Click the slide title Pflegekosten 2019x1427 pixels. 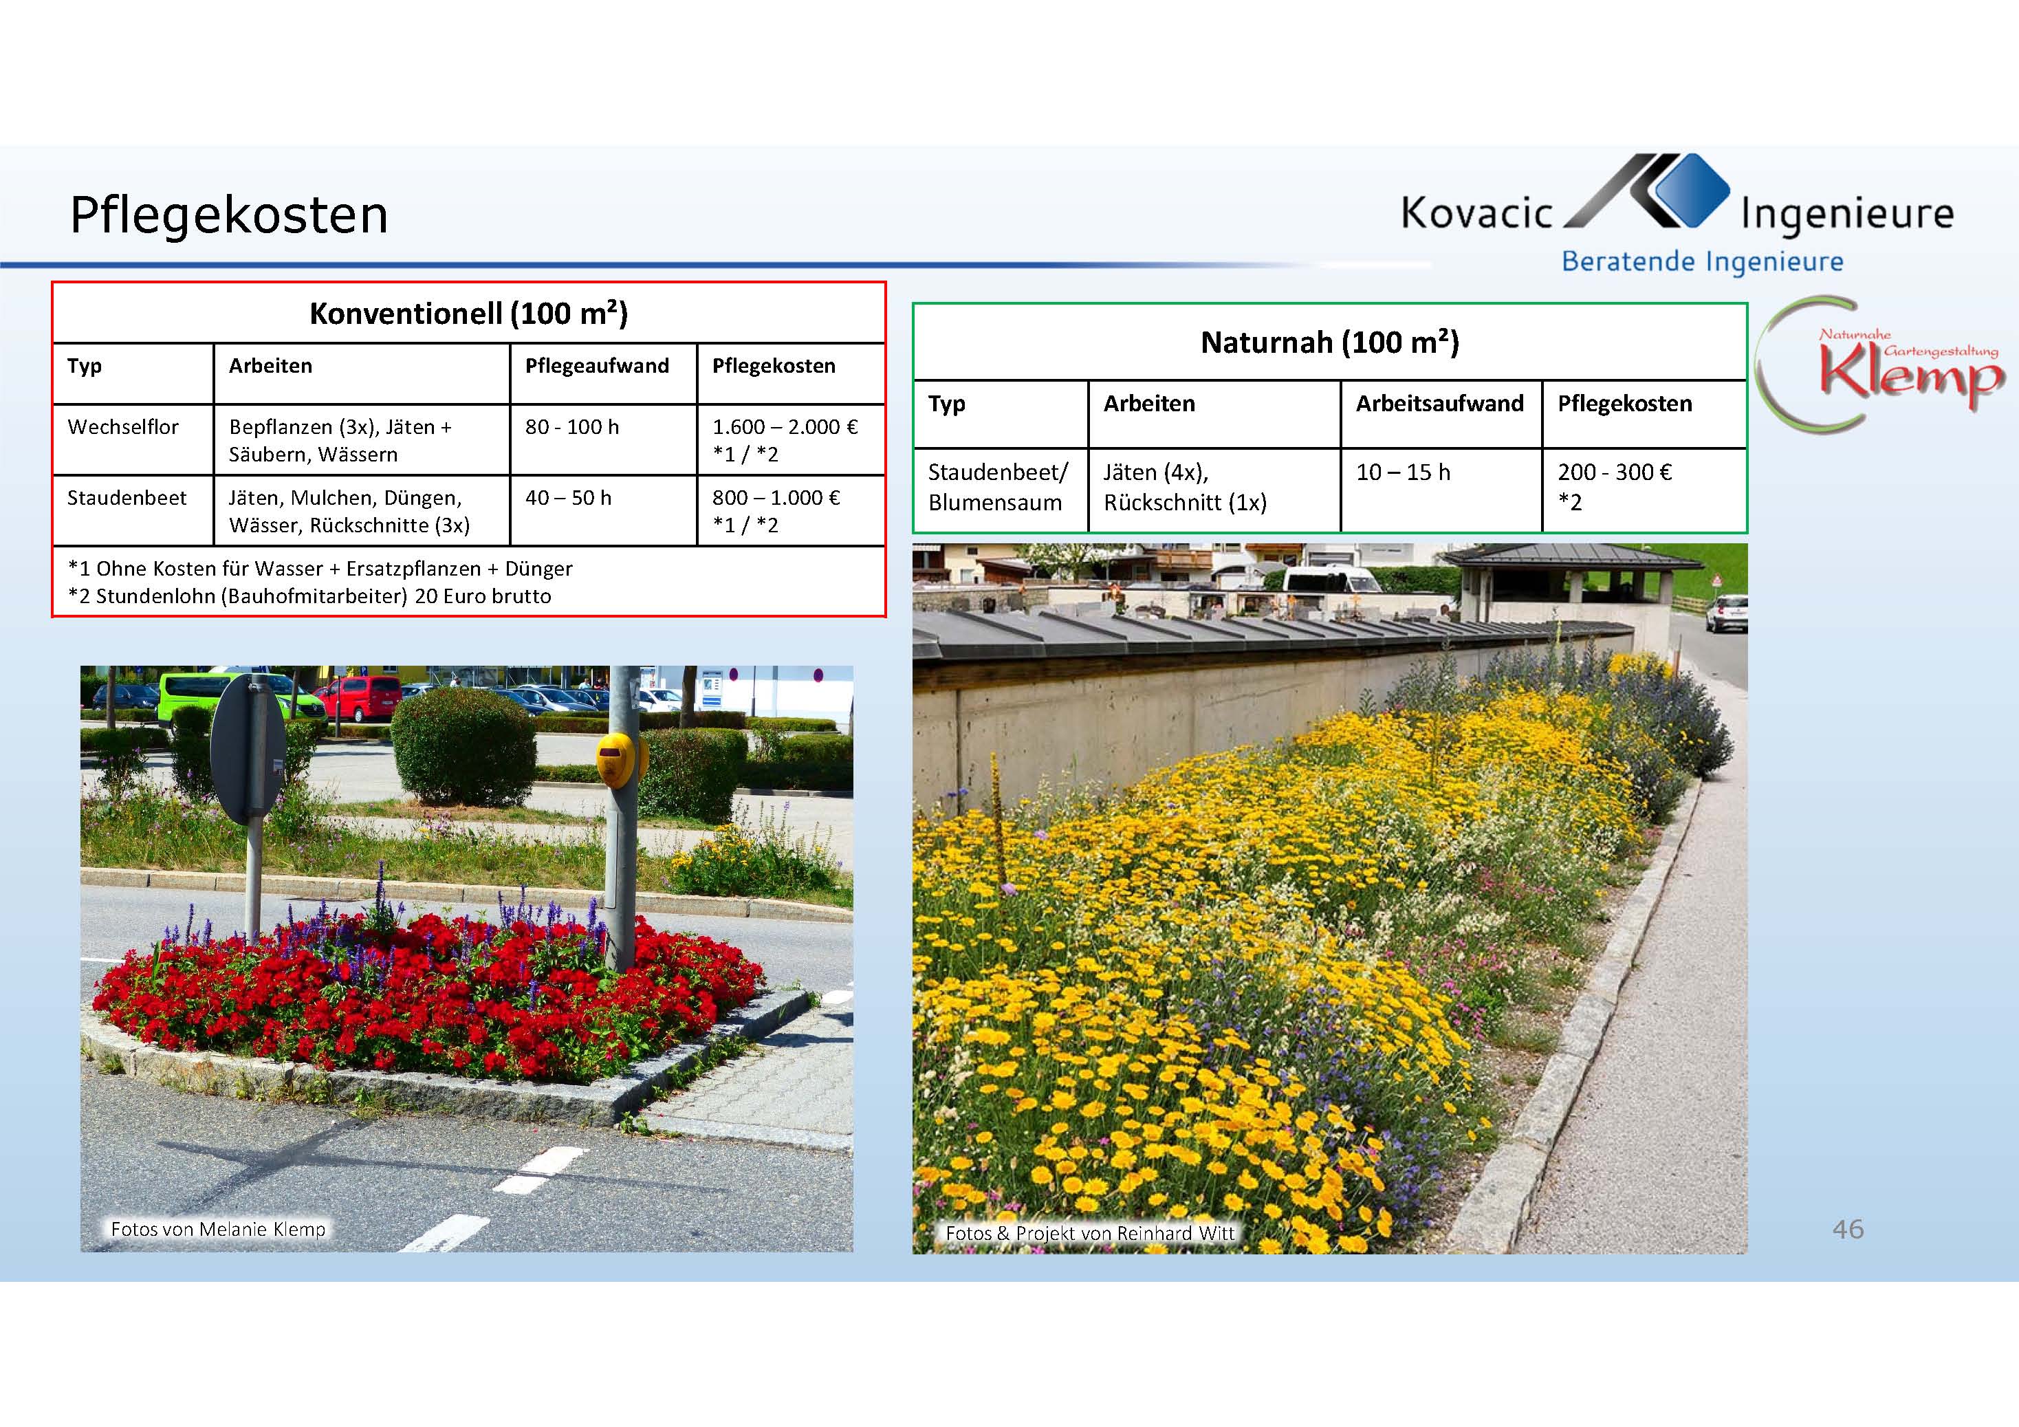click(x=228, y=215)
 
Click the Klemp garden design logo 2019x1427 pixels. click(x=1882, y=366)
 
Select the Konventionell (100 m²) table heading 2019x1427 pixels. click(x=469, y=314)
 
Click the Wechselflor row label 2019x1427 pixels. click(x=123, y=427)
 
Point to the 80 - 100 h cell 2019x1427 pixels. click(x=572, y=427)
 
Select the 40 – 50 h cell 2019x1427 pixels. click(x=568, y=498)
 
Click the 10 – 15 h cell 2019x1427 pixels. click(x=1403, y=472)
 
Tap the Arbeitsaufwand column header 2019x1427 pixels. click(x=1439, y=404)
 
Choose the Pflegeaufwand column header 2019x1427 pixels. click(x=597, y=366)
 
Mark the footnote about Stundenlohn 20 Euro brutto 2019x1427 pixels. click(x=309, y=596)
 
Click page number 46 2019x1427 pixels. click(x=1848, y=1228)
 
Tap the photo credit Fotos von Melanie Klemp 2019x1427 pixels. click(x=218, y=1229)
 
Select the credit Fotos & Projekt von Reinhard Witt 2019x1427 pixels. click(x=1091, y=1234)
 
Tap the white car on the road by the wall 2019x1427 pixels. click(x=1726, y=613)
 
